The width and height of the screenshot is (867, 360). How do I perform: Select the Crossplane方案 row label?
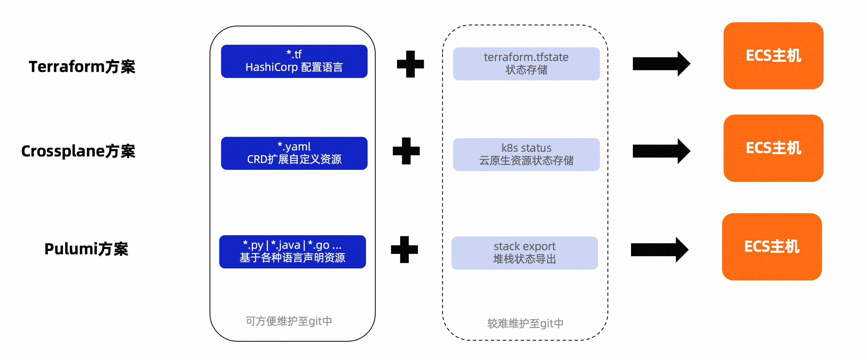(x=78, y=151)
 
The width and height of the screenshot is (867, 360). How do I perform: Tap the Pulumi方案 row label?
(x=86, y=249)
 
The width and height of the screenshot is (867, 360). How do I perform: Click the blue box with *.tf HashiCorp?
(x=294, y=61)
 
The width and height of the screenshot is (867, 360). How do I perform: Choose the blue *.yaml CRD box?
(x=294, y=153)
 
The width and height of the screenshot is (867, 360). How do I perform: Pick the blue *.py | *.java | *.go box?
(x=292, y=252)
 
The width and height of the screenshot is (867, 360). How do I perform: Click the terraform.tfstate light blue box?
(x=526, y=64)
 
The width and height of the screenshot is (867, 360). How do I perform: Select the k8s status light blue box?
(x=526, y=154)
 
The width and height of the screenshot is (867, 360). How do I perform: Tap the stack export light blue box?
(x=524, y=253)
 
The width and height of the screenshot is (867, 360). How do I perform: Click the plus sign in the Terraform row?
(x=410, y=64)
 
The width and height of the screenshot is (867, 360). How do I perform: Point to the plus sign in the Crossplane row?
(x=406, y=151)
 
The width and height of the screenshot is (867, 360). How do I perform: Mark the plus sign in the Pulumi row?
(x=404, y=249)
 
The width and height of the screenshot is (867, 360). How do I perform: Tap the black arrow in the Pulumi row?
(x=659, y=250)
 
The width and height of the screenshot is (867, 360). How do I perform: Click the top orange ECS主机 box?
(x=773, y=56)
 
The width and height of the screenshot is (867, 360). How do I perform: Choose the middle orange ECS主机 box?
(x=773, y=148)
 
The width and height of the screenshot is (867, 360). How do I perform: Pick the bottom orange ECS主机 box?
(x=772, y=247)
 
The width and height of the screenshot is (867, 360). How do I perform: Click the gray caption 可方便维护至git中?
(x=289, y=321)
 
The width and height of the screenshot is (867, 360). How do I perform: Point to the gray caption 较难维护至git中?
(x=525, y=323)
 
